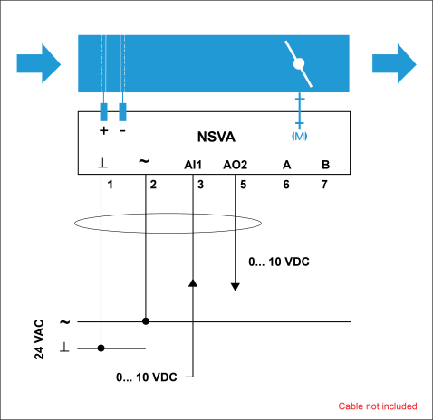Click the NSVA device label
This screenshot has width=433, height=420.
point(216,137)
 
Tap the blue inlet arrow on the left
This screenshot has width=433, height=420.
point(39,63)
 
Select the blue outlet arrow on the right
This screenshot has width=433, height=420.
point(394,63)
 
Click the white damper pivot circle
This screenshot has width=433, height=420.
point(299,63)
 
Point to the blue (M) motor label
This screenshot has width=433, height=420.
point(299,137)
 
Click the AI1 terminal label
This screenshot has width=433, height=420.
point(193,165)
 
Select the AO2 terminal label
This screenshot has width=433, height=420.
point(236,165)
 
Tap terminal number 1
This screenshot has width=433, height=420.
point(111,185)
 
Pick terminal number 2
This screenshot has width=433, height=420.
point(153,185)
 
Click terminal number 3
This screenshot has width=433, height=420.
point(200,185)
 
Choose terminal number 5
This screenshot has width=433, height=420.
point(244,185)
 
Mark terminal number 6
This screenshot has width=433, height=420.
point(286,185)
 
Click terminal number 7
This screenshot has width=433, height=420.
point(324,185)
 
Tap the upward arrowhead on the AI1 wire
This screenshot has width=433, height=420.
point(193,282)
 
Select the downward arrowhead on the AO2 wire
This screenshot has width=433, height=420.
point(236,287)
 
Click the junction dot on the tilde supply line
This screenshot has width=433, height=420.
point(146,321)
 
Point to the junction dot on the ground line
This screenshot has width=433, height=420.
point(101,348)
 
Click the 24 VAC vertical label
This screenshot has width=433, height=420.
point(39,339)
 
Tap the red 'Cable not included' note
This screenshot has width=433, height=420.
point(378,406)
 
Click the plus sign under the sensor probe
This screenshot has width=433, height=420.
point(103,130)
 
